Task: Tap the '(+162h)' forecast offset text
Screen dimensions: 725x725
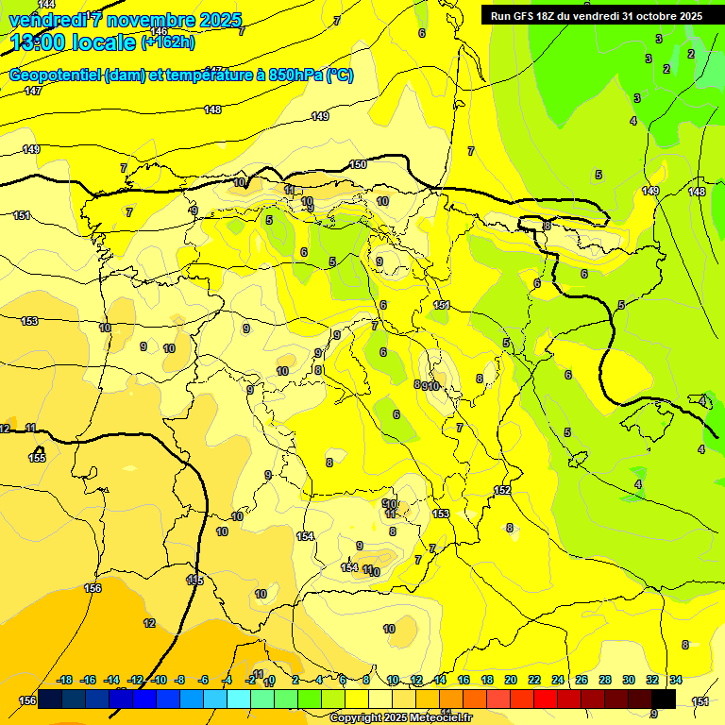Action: click(167, 42)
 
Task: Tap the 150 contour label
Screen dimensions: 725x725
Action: click(358, 164)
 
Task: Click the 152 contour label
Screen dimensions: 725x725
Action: click(502, 490)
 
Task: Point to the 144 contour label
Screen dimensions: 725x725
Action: click(46, 5)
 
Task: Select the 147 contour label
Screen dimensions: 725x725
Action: click(33, 91)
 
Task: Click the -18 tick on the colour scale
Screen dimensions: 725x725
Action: click(64, 680)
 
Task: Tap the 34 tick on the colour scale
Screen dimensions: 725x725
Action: click(675, 680)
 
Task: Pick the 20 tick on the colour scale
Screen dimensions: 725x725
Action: click(511, 680)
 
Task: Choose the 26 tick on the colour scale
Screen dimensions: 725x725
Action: click(581, 680)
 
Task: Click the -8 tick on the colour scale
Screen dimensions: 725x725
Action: click(179, 680)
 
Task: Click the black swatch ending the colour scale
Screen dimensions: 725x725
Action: click(664, 699)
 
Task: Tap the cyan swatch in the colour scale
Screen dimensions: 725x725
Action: click(238, 699)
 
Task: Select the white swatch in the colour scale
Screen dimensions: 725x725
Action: click(380, 699)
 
